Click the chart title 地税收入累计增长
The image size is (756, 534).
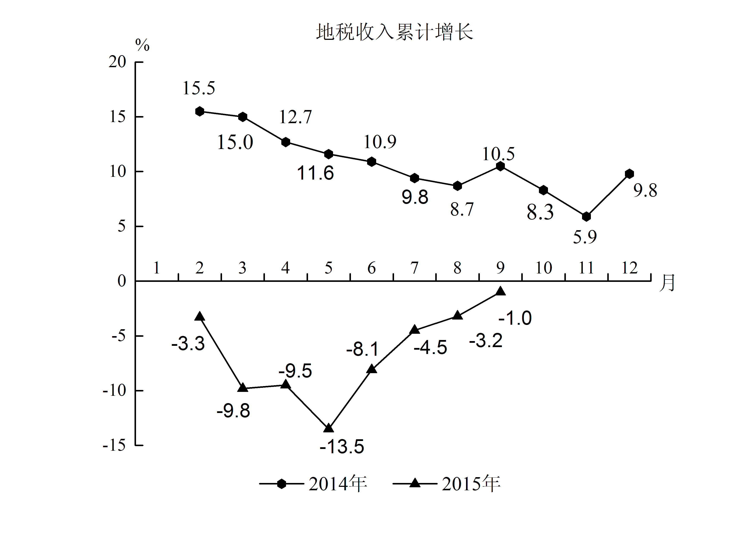click(x=394, y=32)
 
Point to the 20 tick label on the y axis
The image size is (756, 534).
click(x=117, y=62)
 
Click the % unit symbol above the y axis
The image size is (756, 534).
click(x=142, y=45)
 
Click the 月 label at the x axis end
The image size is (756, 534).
click(x=667, y=283)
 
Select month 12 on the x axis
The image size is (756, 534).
click(x=629, y=268)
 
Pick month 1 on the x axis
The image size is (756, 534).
click(x=157, y=268)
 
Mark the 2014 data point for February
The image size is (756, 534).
click(x=200, y=112)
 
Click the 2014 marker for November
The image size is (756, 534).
click(x=586, y=217)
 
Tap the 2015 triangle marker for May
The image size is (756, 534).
click(x=329, y=428)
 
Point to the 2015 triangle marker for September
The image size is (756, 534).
click(x=501, y=291)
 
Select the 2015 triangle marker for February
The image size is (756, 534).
click(x=200, y=316)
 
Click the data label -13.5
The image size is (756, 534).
click(x=342, y=447)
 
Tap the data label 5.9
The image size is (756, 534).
click(x=585, y=237)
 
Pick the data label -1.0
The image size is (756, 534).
click(x=515, y=318)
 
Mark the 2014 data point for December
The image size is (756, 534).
click(x=629, y=174)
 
